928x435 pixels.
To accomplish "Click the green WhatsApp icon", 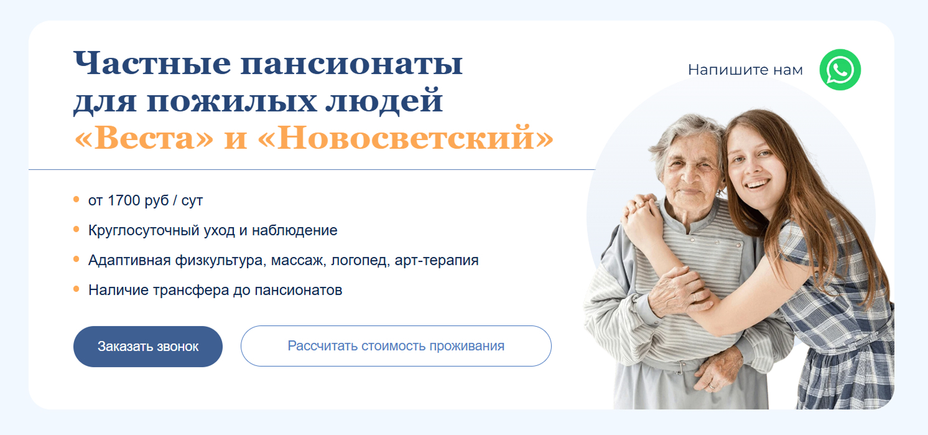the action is pos(840,70).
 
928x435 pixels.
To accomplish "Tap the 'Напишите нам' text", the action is pos(745,70).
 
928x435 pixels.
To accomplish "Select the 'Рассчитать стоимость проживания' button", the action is pos(396,346).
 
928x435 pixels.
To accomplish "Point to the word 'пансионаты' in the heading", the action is pos(351,63).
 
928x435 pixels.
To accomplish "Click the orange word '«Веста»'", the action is pos(144,138).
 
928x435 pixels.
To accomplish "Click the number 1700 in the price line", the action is pos(123,200).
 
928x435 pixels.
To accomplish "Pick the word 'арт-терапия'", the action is pos(437,260).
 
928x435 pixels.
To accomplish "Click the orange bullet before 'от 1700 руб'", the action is pos(77,200).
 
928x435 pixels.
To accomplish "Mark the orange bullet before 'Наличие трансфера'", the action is pos(77,289).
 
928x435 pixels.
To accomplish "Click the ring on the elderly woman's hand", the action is pos(694,297).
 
